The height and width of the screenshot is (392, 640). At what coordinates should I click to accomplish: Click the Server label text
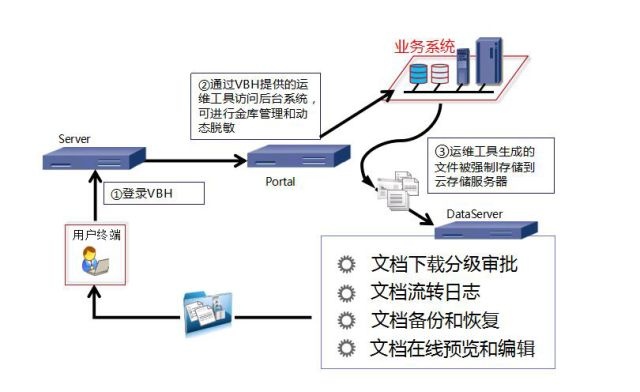coord(74,139)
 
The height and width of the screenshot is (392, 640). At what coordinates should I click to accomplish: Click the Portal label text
coord(280,181)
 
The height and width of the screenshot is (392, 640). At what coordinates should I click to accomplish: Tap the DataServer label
coord(474,214)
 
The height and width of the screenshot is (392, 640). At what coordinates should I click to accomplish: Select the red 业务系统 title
coord(424,47)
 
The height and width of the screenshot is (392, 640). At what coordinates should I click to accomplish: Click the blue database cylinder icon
coord(418,74)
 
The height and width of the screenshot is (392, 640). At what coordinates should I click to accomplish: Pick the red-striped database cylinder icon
coord(440,74)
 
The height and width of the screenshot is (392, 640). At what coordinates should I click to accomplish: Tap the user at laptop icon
coord(95,261)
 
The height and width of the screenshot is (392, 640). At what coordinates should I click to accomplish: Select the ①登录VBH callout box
coord(154,193)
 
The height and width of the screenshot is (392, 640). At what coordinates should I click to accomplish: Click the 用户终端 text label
coord(96,235)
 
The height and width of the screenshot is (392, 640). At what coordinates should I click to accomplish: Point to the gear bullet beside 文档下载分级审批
coord(347,264)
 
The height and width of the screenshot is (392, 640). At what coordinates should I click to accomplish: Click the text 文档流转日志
coord(425,292)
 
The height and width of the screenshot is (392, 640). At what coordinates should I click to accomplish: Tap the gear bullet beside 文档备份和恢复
coord(347,320)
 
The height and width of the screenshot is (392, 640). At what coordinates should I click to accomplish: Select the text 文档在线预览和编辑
coord(452,348)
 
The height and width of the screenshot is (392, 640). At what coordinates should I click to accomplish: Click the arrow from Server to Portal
coord(196,160)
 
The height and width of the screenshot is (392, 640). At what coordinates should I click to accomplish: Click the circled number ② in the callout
coord(204,85)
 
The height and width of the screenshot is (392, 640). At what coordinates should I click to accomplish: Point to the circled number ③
coord(441,152)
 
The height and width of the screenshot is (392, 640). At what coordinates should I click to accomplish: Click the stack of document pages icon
coord(397,190)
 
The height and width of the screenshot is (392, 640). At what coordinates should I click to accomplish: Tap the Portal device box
coord(299,156)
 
